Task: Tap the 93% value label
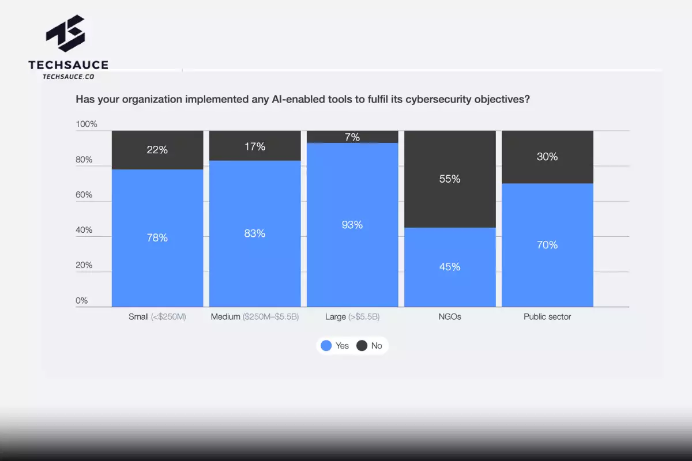352,225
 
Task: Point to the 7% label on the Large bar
352,137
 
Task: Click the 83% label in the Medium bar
254,233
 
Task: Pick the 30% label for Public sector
547,157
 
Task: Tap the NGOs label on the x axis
449,317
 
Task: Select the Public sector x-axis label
547,317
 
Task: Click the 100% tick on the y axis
86,124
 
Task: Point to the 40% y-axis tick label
85,230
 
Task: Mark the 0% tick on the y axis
82,300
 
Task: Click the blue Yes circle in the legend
326,346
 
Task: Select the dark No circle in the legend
362,346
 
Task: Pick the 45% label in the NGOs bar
449,267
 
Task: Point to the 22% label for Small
157,150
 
